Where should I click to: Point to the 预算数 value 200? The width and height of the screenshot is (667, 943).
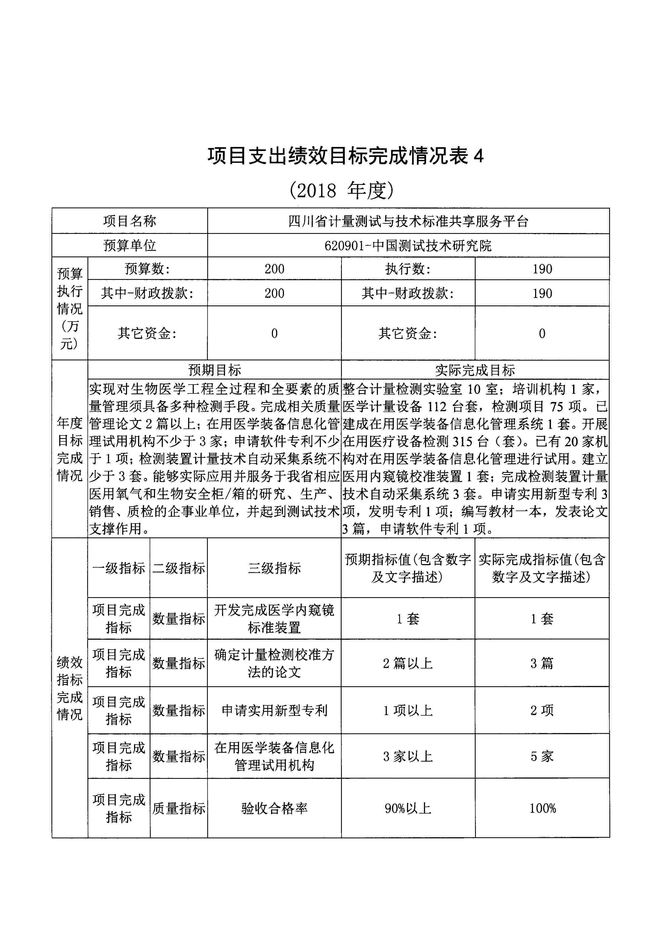click(x=274, y=269)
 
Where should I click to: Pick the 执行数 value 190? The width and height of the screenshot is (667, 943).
click(x=542, y=269)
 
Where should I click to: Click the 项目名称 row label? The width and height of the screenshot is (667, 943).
click(x=129, y=221)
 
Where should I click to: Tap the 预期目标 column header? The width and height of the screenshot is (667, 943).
click(x=214, y=370)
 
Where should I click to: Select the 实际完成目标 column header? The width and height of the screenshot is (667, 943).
click(x=475, y=370)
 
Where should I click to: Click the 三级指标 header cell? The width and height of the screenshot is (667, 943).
click(x=274, y=568)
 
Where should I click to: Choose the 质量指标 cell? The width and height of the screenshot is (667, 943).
click(x=179, y=808)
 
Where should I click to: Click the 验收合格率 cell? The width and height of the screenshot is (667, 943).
click(x=274, y=808)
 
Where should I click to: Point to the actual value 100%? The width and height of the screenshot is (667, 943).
click(x=542, y=808)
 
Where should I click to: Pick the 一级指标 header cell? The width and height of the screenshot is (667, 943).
click(x=119, y=568)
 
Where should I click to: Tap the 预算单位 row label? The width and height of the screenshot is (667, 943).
click(x=129, y=246)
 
